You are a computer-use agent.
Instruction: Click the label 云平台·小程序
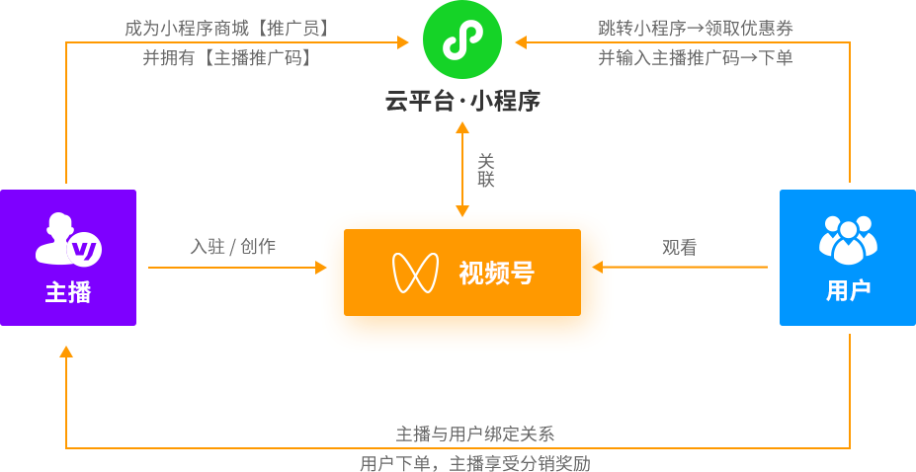coord(462,101)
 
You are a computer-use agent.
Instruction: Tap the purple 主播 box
coord(68,258)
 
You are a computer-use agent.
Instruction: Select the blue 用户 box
coord(848,258)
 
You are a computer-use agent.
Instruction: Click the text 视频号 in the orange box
coord(496,273)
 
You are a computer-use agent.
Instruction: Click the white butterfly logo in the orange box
coord(415,273)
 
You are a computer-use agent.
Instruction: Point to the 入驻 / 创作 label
coord(233,247)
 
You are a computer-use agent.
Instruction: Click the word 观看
coord(679,248)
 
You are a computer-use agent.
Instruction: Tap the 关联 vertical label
coord(485,170)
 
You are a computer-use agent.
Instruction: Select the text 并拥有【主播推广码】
coord(227,57)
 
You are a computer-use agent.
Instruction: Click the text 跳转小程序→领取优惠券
coord(696,29)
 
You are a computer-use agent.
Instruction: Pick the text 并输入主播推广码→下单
coord(696,57)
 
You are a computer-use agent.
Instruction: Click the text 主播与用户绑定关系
coord(475,433)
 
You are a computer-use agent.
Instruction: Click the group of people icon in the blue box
coord(848,240)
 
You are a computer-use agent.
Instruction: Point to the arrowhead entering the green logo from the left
coord(403,42)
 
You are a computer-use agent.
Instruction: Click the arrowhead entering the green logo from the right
coord(521,42)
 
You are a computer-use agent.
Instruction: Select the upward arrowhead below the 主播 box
coord(66,351)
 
